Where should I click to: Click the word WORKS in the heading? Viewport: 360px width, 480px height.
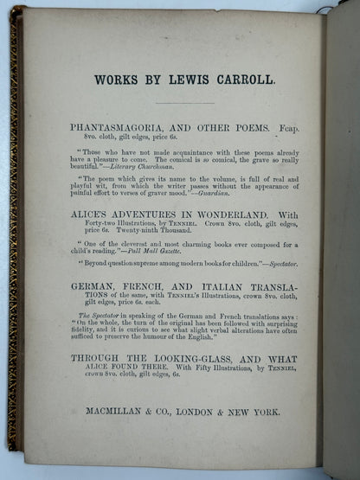click(115, 80)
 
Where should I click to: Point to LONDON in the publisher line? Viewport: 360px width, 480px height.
click(190, 413)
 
